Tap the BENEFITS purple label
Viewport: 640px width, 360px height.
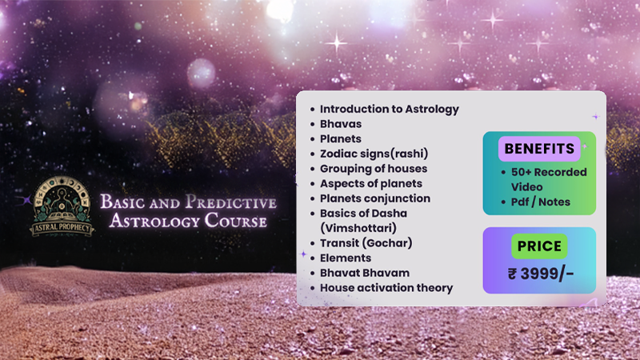pos(539,149)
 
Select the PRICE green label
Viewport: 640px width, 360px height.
pos(539,246)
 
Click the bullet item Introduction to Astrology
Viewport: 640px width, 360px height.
pos(389,109)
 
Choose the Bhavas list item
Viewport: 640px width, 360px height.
pos(340,124)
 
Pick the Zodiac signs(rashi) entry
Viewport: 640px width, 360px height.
pos(374,154)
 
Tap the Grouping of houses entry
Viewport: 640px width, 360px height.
pos(373,169)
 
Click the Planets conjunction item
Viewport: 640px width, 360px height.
pos(374,198)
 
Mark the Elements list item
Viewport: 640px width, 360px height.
pos(346,258)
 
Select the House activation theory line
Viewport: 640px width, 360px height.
pos(386,287)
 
